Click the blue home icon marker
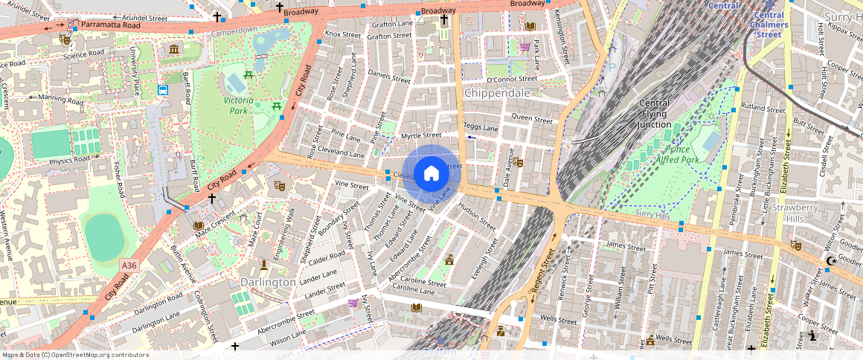[x=431, y=174]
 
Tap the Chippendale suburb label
[x=497, y=94]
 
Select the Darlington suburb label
[x=268, y=283]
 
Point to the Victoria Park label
[x=239, y=105]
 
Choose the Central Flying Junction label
[x=655, y=114]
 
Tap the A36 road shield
[x=129, y=265]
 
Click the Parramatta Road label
[x=110, y=25]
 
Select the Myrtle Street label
[x=421, y=136]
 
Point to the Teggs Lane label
[x=481, y=127]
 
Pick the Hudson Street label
[x=477, y=213]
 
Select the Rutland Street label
[x=763, y=109]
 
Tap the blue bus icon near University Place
[x=162, y=90]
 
